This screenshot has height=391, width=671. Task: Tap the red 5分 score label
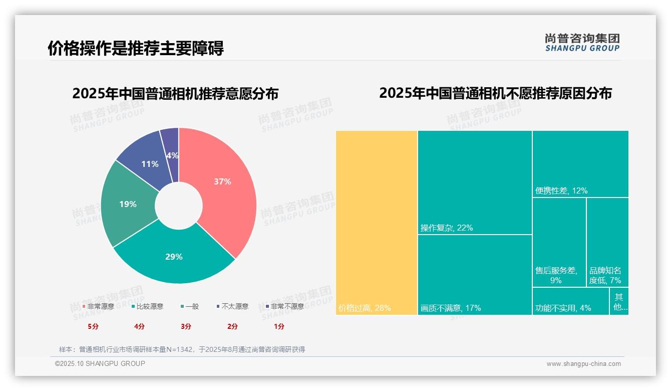click(93, 326)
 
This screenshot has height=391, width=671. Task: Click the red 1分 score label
click(279, 326)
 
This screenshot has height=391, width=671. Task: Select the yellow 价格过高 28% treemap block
click(377, 223)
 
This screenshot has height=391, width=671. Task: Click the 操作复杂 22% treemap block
click(475, 182)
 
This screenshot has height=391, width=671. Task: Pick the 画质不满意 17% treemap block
click(475, 274)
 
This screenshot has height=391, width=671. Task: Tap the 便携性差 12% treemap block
click(580, 163)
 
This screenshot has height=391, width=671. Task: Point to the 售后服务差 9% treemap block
click(559, 242)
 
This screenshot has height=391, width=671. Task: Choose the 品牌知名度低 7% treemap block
click(607, 242)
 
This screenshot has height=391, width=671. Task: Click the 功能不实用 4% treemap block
click(570, 301)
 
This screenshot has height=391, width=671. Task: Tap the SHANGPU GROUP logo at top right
click(582, 43)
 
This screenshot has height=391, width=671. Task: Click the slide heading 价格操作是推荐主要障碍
click(136, 48)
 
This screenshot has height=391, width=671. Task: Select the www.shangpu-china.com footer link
click(583, 364)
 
